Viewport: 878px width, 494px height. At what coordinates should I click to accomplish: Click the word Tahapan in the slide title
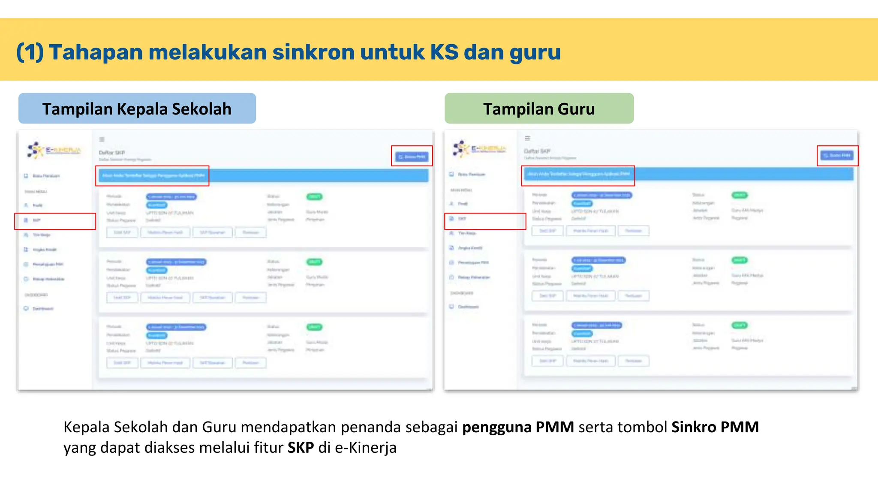point(96,52)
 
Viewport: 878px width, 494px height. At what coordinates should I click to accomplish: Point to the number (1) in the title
point(30,52)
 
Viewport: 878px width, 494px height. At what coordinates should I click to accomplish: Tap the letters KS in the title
point(444,52)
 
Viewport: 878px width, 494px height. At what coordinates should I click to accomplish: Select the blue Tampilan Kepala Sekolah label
point(137,109)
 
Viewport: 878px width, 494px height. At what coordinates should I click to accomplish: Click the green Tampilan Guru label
point(539,109)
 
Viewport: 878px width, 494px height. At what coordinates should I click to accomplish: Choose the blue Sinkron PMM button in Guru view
point(837,156)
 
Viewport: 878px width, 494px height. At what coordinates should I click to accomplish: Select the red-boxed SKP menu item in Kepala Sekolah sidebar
point(55,221)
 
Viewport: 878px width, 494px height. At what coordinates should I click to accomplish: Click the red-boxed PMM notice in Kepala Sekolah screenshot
point(153,176)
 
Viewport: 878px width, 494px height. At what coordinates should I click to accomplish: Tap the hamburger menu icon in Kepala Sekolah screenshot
point(102,139)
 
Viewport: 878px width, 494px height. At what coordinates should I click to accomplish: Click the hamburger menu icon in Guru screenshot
point(528,138)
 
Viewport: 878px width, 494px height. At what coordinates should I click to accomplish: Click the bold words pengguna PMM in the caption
point(518,427)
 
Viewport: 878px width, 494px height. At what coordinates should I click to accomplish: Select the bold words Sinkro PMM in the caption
point(715,427)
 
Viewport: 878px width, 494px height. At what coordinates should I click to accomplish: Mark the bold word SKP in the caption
point(301,448)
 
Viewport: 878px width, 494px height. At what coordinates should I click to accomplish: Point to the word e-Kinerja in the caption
point(366,448)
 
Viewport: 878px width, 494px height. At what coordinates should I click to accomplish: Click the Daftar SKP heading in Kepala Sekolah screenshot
point(112,153)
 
